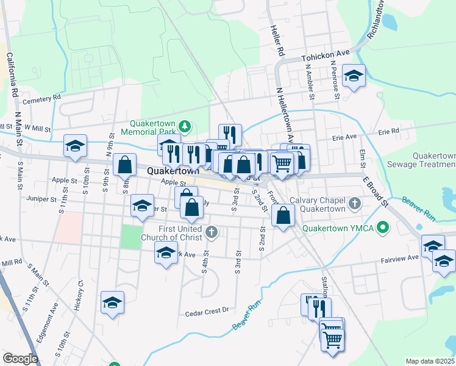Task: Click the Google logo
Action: pyautogui.click(x=20, y=359)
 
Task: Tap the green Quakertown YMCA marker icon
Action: pyautogui.click(x=382, y=229)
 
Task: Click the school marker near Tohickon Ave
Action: pyautogui.click(x=354, y=76)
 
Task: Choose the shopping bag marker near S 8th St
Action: pyautogui.click(x=124, y=165)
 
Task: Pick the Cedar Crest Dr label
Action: pyautogui.click(x=207, y=313)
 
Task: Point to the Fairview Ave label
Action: pyautogui.click(x=401, y=258)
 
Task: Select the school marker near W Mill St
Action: pyautogui.click(x=75, y=146)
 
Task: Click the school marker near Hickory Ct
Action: pyautogui.click(x=112, y=303)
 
